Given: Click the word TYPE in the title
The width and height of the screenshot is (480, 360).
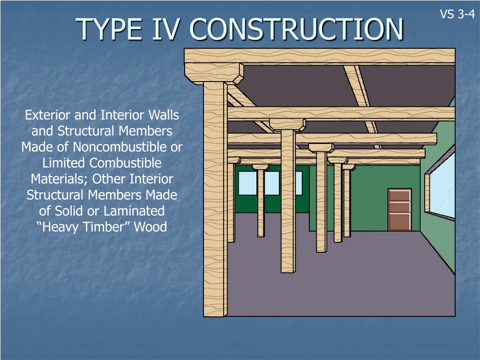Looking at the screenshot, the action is pyautogui.click(x=109, y=30).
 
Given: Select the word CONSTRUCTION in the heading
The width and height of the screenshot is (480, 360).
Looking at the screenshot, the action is pyautogui.click(x=297, y=30).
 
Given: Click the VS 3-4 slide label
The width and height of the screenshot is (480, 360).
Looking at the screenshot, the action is pyautogui.click(x=457, y=14).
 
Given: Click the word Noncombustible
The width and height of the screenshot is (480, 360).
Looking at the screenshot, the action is pyautogui.click(x=120, y=147).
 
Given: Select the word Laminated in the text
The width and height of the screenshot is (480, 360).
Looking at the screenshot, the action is pyautogui.click(x=134, y=211).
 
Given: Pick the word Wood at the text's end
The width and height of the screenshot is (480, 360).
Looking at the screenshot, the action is pyautogui.click(x=150, y=227).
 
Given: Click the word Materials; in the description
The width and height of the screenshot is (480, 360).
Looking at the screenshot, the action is pyautogui.click(x=60, y=179).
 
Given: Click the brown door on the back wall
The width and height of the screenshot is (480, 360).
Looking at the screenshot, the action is pyautogui.click(x=399, y=210).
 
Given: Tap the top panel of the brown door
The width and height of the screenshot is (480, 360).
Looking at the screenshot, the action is pyautogui.click(x=399, y=195).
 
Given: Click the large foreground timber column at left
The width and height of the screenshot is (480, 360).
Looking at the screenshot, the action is pyautogui.click(x=215, y=199).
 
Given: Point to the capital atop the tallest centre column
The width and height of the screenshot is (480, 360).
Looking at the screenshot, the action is pyautogui.click(x=287, y=125).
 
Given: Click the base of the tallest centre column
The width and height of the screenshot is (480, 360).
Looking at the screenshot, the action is pyautogui.click(x=288, y=270).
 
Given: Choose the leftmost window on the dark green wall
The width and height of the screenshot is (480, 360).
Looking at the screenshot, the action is pyautogui.click(x=247, y=183).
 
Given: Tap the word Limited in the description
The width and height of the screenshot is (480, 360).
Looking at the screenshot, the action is pyautogui.click(x=64, y=163).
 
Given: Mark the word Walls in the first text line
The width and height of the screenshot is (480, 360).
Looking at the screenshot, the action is pyautogui.click(x=164, y=115).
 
